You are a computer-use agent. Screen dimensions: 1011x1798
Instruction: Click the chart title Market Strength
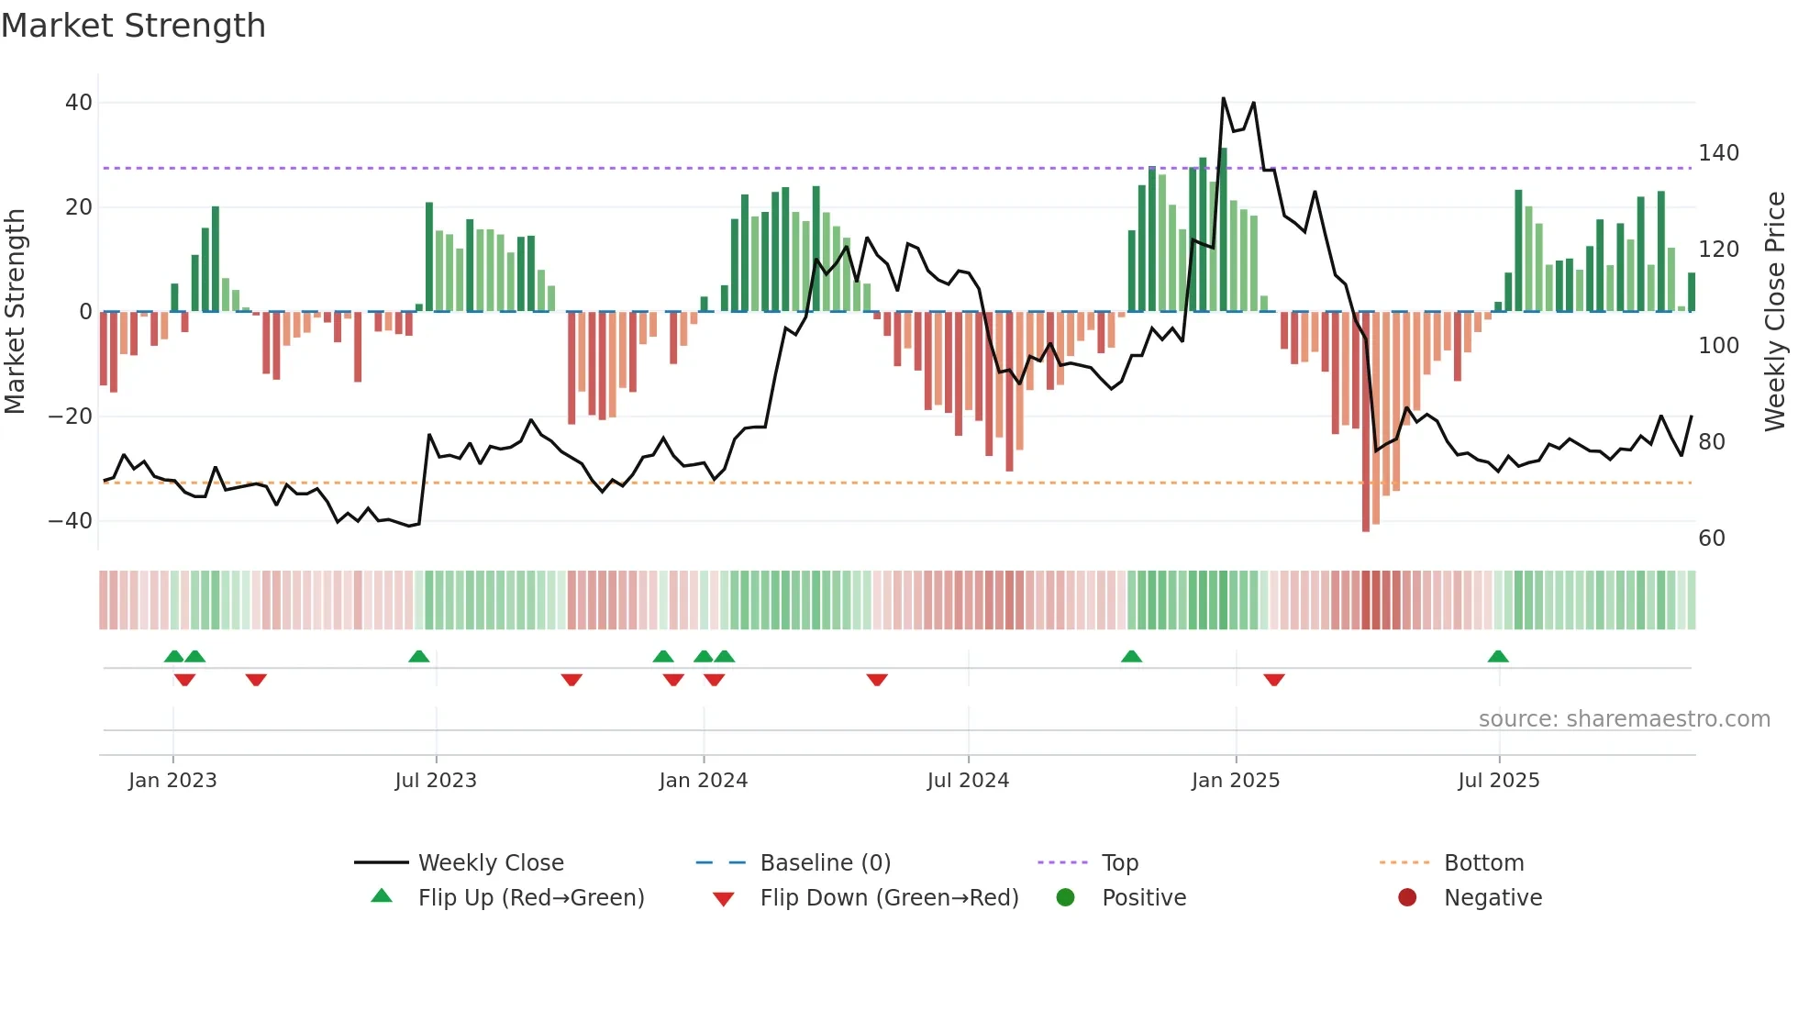[x=133, y=26]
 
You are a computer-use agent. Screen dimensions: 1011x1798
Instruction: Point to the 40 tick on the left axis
[x=79, y=103]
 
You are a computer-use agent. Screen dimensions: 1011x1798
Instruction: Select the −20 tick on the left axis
[x=71, y=417]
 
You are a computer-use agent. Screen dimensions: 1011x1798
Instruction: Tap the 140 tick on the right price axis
[x=1718, y=153]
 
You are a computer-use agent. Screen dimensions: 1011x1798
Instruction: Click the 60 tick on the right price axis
[x=1712, y=539]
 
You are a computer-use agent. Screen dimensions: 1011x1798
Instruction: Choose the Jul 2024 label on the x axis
[x=968, y=781]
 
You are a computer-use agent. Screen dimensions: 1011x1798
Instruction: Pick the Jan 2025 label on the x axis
[x=1236, y=781]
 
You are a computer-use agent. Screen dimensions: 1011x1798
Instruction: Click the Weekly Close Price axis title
[x=1775, y=312]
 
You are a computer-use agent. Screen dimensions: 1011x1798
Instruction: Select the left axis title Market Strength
[x=15, y=312]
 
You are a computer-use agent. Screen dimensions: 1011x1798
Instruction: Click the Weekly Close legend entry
[x=491, y=863]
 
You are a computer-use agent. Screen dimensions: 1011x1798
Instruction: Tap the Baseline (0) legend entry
[x=825, y=863]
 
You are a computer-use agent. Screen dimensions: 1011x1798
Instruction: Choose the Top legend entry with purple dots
[x=1119, y=863]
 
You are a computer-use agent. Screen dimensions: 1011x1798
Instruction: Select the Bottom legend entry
[x=1483, y=863]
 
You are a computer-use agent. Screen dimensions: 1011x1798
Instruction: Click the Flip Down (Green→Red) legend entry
[x=889, y=898]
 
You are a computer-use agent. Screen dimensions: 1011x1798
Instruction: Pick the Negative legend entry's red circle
[x=1407, y=898]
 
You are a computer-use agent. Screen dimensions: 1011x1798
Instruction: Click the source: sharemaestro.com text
[x=1624, y=719]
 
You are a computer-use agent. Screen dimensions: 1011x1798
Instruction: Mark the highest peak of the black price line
[x=1224, y=98]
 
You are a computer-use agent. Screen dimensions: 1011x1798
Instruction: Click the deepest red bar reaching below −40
[x=1366, y=422]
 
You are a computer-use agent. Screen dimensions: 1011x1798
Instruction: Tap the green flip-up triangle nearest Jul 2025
[x=1498, y=657]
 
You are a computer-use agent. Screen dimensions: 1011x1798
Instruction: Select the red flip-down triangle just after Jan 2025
[x=1274, y=680]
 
